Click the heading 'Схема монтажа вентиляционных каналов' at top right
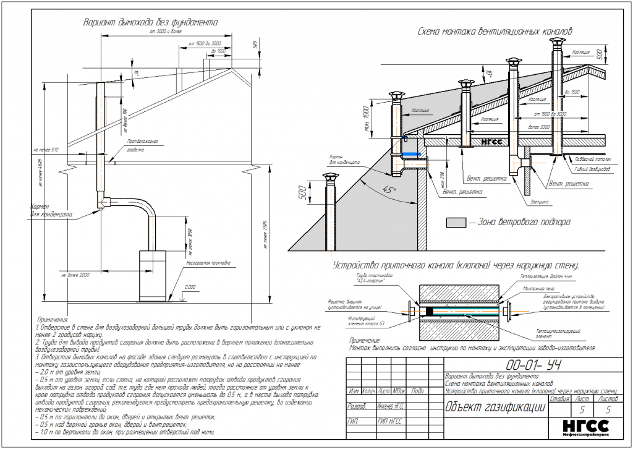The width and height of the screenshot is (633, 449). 496,30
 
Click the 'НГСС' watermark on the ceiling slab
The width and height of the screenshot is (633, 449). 488,140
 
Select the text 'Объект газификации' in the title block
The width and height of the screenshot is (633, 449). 495,406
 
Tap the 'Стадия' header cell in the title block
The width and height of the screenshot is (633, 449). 559,400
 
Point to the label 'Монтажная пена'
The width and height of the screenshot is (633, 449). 535,289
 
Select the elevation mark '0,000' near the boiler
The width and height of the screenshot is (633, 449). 190,287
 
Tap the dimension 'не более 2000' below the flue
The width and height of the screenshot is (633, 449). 75,273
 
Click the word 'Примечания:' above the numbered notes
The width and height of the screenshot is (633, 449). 53,319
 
